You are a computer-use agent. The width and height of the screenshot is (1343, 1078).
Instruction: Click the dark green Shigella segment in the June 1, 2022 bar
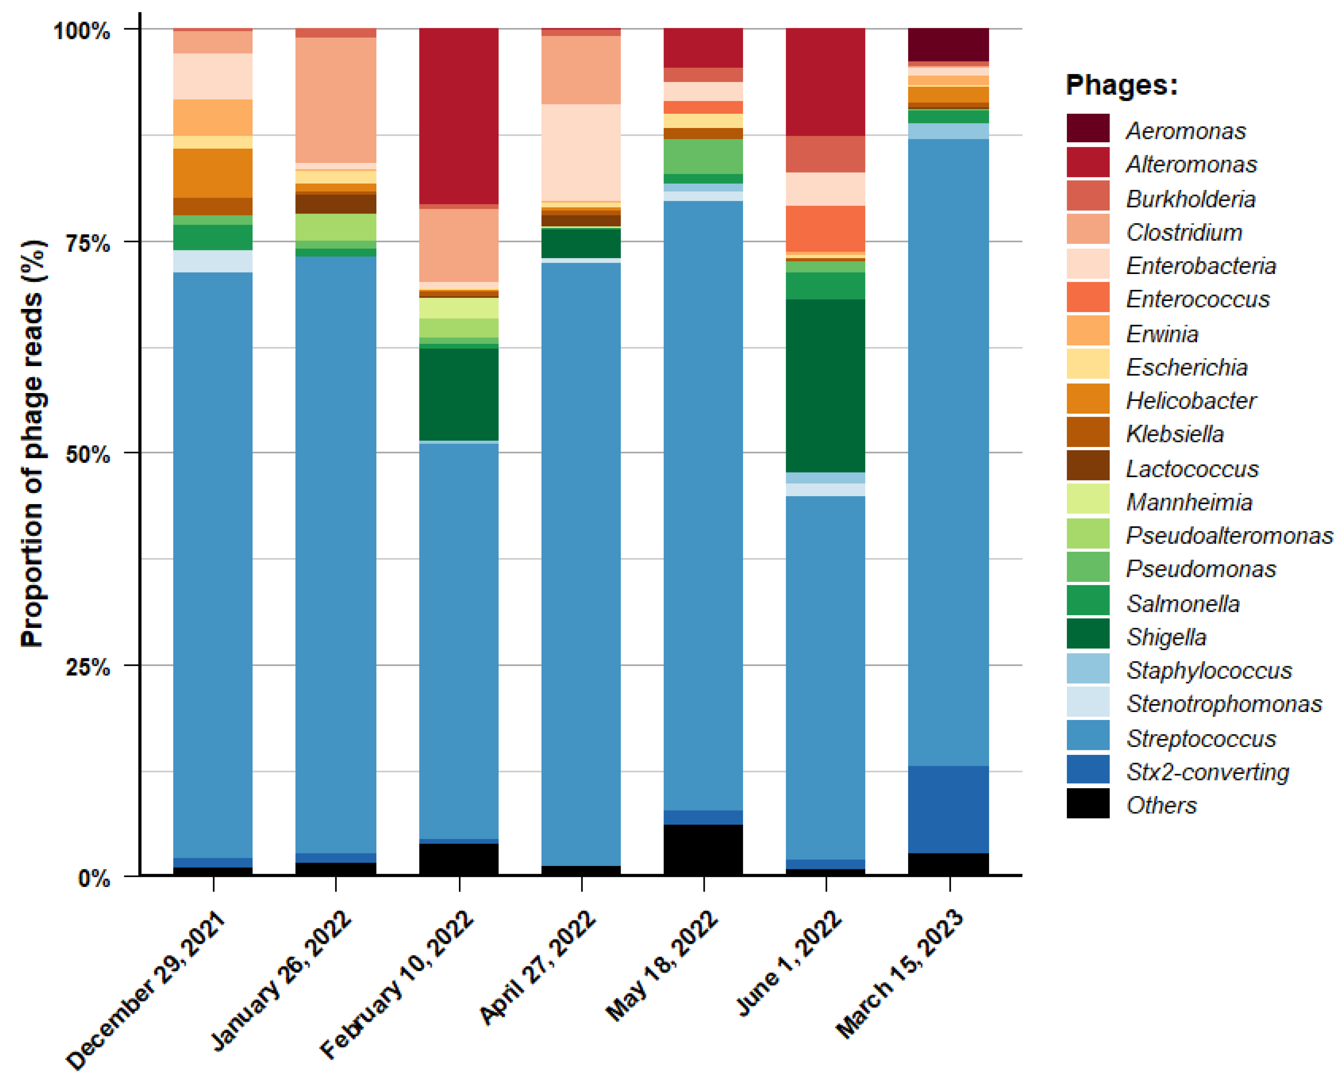(x=826, y=386)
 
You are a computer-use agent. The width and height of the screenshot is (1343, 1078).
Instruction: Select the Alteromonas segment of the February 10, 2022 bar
(x=459, y=116)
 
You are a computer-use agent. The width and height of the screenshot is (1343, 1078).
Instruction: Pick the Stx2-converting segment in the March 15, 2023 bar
(x=949, y=809)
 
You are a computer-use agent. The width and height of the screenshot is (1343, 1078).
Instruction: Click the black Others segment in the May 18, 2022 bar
(x=703, y=850)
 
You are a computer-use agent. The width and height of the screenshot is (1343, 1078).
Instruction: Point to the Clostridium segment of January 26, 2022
(x=336, y=100)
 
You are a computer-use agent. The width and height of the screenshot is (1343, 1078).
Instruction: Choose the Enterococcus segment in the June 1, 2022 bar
(x=826, y=229)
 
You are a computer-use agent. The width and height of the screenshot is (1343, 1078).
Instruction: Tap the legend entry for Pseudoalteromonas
(x=1229, y=535)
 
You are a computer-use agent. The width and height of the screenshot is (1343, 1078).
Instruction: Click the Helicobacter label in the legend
(x=1191, y=400)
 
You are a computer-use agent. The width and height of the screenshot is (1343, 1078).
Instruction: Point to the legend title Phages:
(x=1122, y=85)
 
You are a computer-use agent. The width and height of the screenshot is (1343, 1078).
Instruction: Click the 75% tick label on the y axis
(x=88, y=242)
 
